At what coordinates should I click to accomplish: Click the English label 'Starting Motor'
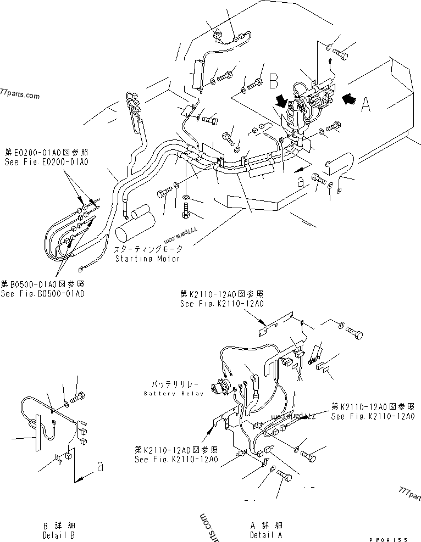(147, 259)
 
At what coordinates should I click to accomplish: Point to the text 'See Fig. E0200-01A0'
(46, 162)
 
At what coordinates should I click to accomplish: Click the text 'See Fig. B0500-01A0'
(43, 294)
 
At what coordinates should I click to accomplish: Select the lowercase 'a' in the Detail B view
(99, 468)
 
